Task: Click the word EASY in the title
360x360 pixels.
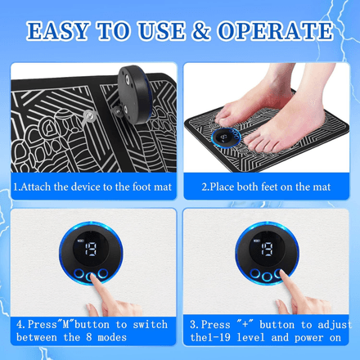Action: (58, 30)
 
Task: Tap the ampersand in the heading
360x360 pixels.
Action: (201, 30)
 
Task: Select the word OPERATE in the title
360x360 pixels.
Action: (275, 30)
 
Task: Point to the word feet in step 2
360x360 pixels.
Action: (269, 187)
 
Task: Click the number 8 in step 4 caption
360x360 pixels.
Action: (89, 337)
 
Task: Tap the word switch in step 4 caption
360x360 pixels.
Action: (151, 325)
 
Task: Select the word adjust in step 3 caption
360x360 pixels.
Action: (335, 325)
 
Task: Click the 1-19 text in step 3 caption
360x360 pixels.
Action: (218, 338)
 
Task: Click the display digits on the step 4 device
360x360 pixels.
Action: (91, 250)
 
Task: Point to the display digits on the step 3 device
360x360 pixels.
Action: (268, 249)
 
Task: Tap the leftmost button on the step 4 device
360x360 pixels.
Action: (79, 273)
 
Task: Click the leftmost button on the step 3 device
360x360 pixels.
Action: (255, 273)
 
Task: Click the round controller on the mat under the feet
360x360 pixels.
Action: (227, 138)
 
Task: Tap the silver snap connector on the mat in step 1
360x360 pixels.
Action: (89, 117)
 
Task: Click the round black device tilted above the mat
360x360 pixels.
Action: (133, 93)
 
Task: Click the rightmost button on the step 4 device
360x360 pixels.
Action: (103, 273)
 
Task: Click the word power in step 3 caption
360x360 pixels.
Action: (309, 338)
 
